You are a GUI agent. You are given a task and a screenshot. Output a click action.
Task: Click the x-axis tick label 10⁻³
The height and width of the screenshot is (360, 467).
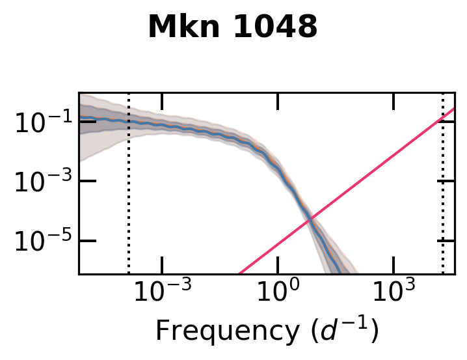point(161,295)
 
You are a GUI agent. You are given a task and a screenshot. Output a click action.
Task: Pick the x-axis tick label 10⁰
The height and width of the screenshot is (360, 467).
point(278,295)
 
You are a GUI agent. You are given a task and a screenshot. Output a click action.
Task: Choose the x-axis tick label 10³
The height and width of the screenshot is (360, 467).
point(394,295)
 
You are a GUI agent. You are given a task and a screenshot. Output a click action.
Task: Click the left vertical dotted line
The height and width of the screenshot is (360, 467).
point(129,195)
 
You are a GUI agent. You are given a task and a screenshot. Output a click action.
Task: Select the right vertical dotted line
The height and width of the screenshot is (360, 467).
point(443,195)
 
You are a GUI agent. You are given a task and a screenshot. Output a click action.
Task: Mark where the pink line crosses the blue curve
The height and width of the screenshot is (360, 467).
point(310,219)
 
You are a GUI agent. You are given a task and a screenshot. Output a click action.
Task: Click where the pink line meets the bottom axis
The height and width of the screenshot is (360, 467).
point(239,273)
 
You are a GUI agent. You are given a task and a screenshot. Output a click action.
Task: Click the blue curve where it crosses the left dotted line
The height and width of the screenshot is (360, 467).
point(129,122)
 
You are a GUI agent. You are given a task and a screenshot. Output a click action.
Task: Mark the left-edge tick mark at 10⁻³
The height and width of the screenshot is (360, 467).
point(87,181)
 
